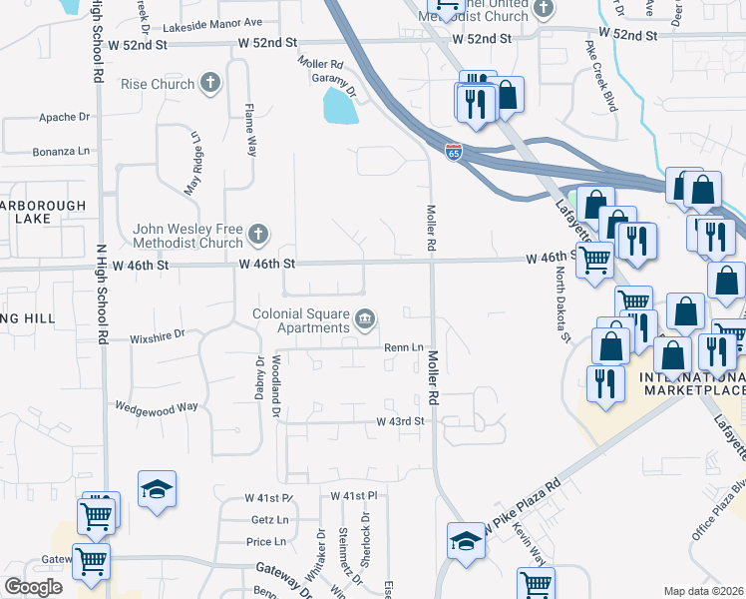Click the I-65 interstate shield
[454, 153]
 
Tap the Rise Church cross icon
[210, 84]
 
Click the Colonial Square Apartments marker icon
[366, 318]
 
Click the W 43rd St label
[400, 422]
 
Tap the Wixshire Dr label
[159, 337]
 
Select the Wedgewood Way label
[157, 407]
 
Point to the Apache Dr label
[65, 117]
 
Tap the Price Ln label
[266, 542]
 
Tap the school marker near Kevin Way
[464, 541]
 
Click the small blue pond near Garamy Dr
[340, 106]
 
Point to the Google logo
[33, 587]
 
